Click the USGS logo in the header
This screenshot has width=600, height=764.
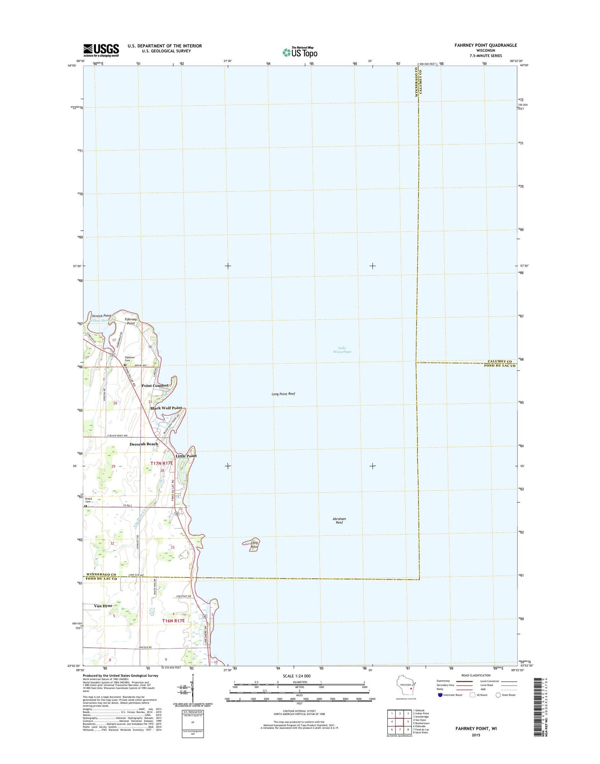(101, 50)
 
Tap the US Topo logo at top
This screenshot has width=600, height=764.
(300, 52)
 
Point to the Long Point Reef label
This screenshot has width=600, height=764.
(283, 394)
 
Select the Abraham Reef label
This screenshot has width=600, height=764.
(339, 521)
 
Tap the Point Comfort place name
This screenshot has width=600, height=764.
(155, 385)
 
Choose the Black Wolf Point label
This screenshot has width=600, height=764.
(166, 408)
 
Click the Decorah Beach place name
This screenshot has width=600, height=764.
(144, 444)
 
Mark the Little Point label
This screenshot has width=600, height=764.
(186, 456)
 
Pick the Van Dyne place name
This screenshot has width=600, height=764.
(103, 606)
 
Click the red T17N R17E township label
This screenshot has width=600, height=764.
(162, 463)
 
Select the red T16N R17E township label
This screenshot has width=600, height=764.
(173, 620)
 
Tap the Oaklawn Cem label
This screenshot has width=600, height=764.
(131, 359)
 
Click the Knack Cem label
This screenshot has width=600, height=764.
(90, 500)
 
